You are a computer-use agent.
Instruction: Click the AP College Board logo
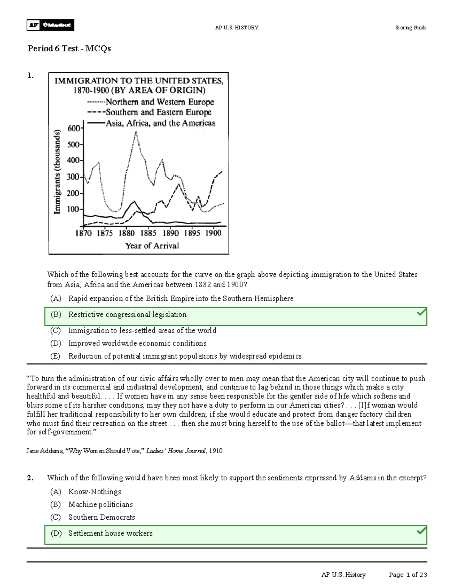click(x=50, y=25)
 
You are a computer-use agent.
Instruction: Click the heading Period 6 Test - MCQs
click(x=69, y=48)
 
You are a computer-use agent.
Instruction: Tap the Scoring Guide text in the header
click(x=410, y=28)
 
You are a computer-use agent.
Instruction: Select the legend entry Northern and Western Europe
click(x=160, y=102)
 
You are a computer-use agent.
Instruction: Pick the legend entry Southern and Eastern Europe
click(x=158, y=112)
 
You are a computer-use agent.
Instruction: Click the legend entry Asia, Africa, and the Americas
click(x=160, y=123)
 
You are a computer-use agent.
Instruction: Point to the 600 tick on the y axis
click(x=74, y=128)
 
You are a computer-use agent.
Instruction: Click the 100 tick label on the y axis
click(x=73, y=209)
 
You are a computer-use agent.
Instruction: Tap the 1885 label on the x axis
click(x=148, y=233)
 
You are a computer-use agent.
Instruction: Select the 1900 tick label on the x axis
click(x=213, y=233)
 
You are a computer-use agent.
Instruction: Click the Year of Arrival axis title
click(x=152, y=246)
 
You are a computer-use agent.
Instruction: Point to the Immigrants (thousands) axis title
click(x=57, y=172)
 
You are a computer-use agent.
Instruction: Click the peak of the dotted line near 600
click(x=136, y=131)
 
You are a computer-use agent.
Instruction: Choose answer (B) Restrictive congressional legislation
click(x=127, y=314)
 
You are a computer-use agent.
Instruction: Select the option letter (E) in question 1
click(x=55, y=356)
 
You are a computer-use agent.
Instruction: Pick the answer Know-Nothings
click(x=95, y=492)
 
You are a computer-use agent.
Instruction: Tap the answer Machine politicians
click(x=100, y=505)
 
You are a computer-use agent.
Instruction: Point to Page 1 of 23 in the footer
click(x=407, y=575)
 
